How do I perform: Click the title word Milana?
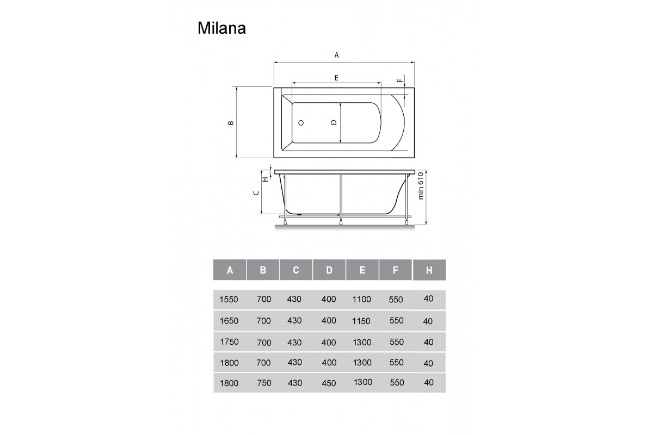pyautogui.click(x=221, y=28)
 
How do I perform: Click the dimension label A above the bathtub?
pyautogui.click(x=336, y=55)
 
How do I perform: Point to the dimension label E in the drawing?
pyautogui.click(x=336, y=78)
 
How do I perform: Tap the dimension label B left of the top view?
pyautogui.click(x=231, y=123)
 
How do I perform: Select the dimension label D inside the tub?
pyautogui.click(x=334, y=122)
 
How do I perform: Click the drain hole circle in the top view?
pyautogui.click(x=301, y=123)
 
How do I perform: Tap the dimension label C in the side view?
pyautogui.click(x=255, y=193)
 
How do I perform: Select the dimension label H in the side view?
pyautogui.click(x=265, y=178)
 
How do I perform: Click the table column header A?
pyautogui.click(x=230, y=270)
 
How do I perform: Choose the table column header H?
pyautogui.click(x=429, y=270)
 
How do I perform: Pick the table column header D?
pyautogui.click(x=329, y=270)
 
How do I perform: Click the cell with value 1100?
pyautogui.click(x=362, y=300)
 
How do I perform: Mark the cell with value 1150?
pyautogui.click(x=362, y=321)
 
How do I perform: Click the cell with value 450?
pyautogui.click(x=329, y=383)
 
